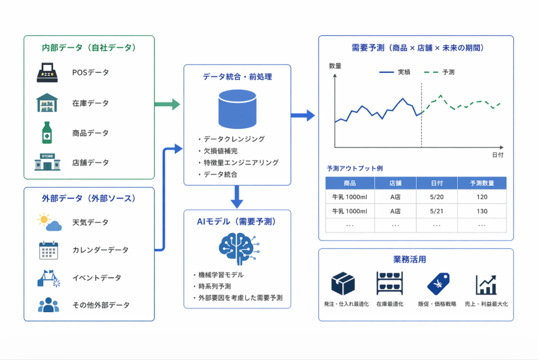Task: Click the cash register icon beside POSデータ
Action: [x=47, y=72]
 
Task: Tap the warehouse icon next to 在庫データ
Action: [x=47, y=103]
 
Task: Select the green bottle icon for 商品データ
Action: [x=47, y=132]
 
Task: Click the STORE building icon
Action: [x=47, y=162]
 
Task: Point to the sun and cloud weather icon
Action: [x=50, y=222]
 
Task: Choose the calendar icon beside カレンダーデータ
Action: [x=49, y=250]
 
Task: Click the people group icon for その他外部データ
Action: [x=49, y=305]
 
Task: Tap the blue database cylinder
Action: [x=237, y=109]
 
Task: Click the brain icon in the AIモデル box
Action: [x=239, y=248]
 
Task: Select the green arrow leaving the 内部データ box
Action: [x=167, y=104]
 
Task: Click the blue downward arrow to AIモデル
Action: [x=237, y=197]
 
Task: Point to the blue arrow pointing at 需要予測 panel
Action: [x=302, y=115]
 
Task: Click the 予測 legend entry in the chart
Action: [x=439, y=72]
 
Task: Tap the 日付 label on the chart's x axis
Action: [x=498, y=155]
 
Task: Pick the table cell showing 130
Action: [x=482, y=211]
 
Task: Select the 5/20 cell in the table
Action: [x=437, y=197]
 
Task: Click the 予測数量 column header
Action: [x=482, y=183]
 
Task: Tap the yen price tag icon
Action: [x=438, y=284]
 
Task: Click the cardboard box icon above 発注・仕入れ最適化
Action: [x=343, y=284]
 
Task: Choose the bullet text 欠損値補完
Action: [x=220, y=151]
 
